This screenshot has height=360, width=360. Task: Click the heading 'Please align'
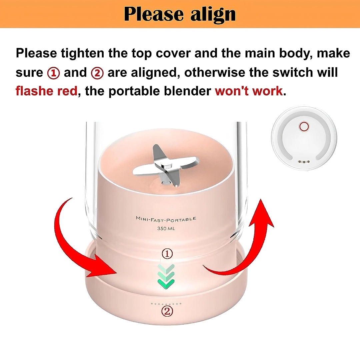[x=180, y=14]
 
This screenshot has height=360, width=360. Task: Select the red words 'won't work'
[x=249, y=91]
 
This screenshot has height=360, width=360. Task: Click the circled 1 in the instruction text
[x=53, y=73]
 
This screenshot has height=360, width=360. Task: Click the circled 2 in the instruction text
[x=97, y=73]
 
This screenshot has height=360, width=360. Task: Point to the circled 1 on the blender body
[x=167, y=253]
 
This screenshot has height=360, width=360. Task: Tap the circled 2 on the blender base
[x=167, y=311]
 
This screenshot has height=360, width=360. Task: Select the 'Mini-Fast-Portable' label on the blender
[x=166, y=219]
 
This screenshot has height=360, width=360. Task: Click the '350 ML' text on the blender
[x=166, y=228]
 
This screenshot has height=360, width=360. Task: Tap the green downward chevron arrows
[x=166, y=276]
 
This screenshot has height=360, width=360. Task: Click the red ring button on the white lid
[x=304, y=127]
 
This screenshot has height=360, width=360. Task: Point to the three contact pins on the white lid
[x=304, y=162]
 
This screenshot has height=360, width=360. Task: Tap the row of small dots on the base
[x=166, y=304]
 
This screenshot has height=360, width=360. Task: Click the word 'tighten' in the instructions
[x=82, y=53]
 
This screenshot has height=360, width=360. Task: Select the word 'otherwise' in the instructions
[x=215, y=73]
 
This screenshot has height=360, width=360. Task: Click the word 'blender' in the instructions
[x=187, y=91]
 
